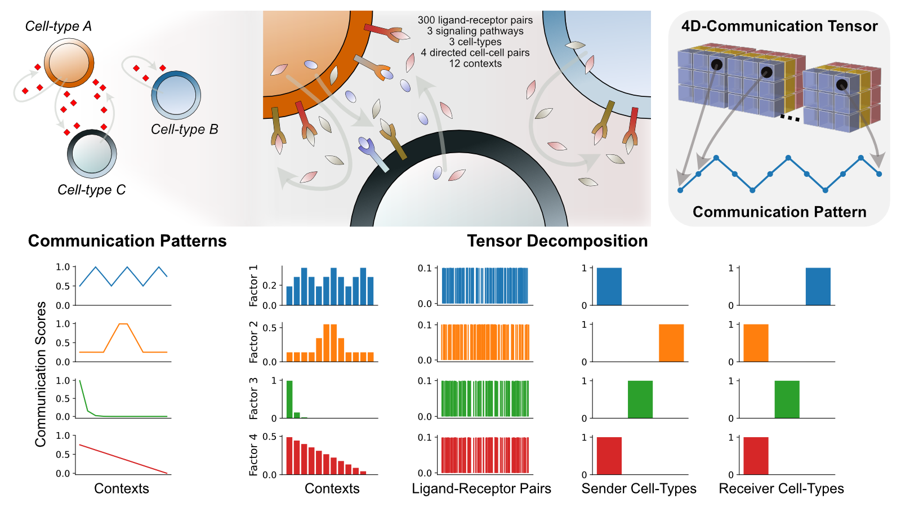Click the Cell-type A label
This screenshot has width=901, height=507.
tap(59, 26)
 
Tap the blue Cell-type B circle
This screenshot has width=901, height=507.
tap(176, 95)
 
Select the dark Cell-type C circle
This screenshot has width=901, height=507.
tap(92, 154)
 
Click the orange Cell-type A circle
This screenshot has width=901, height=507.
tap(69, 63)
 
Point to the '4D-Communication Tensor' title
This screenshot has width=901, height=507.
tap(779, 26)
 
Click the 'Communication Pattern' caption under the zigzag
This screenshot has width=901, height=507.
tap(779, 212)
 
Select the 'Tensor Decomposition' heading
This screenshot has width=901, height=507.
tap(557, 241)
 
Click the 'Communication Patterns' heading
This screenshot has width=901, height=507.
tap(127, 241)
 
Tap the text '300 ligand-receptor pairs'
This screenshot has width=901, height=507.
tap(475, 20)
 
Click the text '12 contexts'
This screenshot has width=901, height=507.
tap(475, 64)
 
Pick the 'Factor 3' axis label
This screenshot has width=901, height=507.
tap(254, 398)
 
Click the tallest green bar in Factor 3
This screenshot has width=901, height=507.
tap(289, 399)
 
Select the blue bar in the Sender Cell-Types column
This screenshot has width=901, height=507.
tap(609, 287)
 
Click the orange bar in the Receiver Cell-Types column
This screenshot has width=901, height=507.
tap(756, 343)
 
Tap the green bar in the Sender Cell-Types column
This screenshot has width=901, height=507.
tap(640, 399)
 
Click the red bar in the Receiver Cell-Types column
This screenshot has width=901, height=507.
tap(756, 456)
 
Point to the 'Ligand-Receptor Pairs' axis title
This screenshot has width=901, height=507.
tap(481, 488)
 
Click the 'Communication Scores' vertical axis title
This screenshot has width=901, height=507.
tap(41, 374)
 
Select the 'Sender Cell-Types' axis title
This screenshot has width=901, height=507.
tap(639, 488)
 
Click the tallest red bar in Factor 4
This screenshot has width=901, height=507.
tap(289, 456)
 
